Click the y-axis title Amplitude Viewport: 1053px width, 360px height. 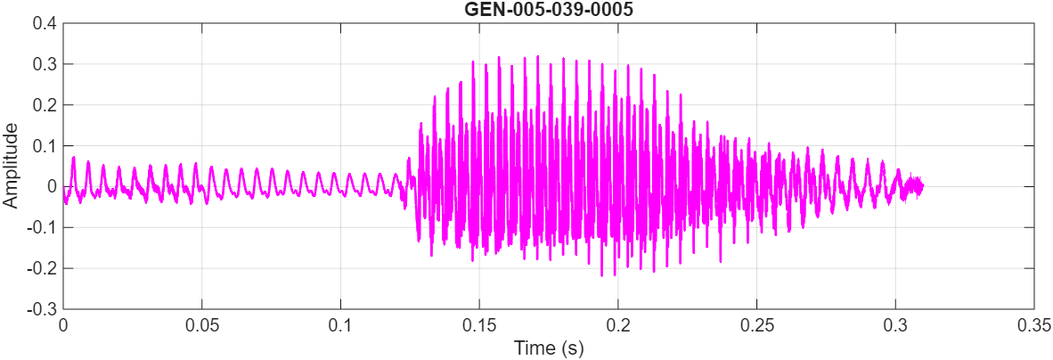pos(11,166)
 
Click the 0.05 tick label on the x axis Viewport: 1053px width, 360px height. pos(202,325)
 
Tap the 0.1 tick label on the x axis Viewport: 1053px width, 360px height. pos(340,325)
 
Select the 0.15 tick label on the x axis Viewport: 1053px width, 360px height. pos(479,325)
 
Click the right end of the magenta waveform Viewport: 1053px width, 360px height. pos(923,186)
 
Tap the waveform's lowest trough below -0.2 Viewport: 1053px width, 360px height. pos(602,275)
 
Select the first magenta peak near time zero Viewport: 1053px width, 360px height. pos(73,158)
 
